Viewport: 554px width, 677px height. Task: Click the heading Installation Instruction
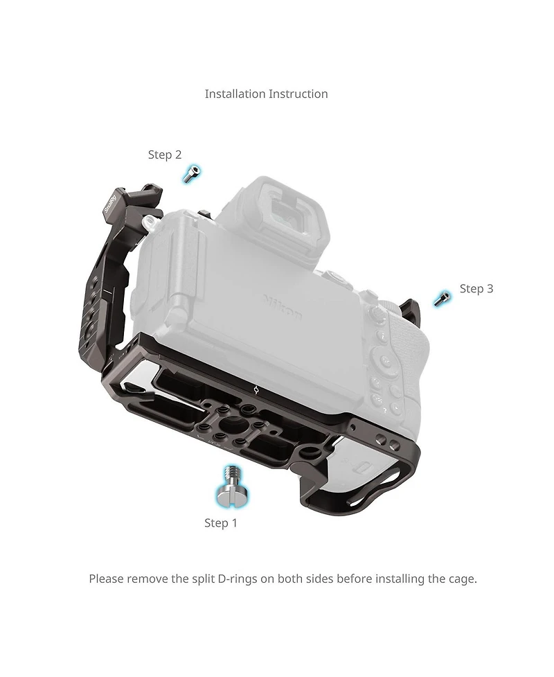click(x=266, y=94)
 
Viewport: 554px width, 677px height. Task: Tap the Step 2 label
click(x=165, y=155)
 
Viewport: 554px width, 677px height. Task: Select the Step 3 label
click(x=476, y=288)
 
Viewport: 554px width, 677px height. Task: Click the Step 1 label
click(x=220, y=523)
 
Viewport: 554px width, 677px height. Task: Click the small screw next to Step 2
click(x=191, y=174)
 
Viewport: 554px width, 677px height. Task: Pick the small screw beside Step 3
click(x=443, y=299)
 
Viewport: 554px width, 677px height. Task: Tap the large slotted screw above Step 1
click(x=233, y=486)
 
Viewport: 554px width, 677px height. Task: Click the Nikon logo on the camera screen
click(x=283, y=307)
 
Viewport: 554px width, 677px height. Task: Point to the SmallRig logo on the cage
click(x=111, y=204)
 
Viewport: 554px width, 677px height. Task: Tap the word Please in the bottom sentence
click(x=106, y=579)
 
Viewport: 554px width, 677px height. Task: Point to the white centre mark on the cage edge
click(x=256, y=390)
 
